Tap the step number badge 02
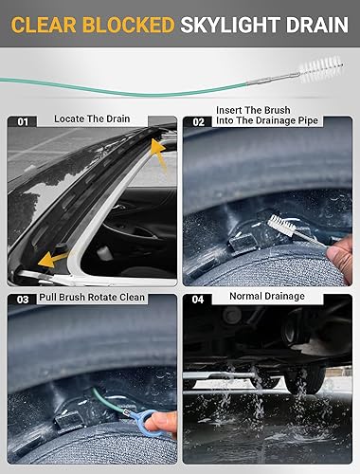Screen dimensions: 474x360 point(198,121)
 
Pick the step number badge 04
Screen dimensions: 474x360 point(198,299)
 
